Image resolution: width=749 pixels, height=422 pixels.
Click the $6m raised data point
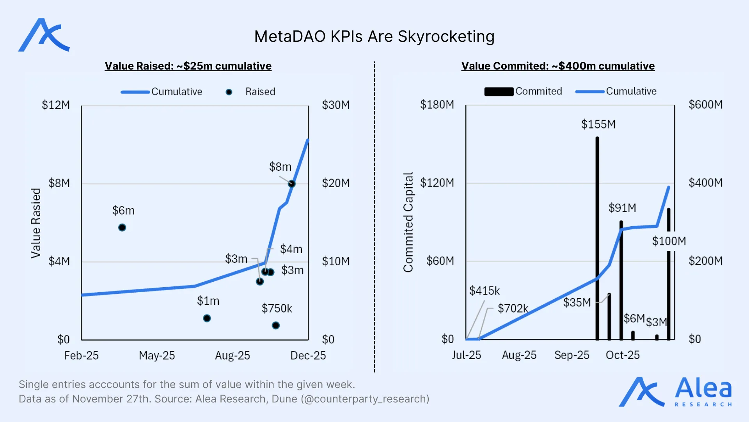point(122,227)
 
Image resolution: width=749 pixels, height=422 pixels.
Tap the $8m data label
point(280,167)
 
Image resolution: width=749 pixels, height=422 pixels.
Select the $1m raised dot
point(207,318)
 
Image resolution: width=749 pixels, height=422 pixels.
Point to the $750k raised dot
point(276,325)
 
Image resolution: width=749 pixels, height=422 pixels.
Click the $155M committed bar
point(597,238)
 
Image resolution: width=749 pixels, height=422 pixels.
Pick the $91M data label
point(622,208)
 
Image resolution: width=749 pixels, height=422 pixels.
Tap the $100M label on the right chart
point(669,241)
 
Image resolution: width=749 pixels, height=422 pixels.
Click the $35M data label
point(577,302)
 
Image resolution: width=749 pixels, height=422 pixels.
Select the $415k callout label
point(484,291)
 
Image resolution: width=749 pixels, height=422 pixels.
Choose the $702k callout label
point(513,308)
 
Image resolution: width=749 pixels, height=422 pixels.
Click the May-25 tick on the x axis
point(157,356)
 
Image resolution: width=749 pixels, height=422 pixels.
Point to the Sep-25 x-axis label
point(572,355)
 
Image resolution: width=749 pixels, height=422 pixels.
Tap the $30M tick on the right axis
point(335,105)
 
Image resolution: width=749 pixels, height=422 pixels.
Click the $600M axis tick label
point(705,105)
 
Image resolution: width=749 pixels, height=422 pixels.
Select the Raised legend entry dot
point(229,92)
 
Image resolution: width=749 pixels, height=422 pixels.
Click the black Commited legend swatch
point(499,92)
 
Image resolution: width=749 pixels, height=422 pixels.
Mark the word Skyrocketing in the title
point(446,37)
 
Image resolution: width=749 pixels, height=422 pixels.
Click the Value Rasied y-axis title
point(36,223)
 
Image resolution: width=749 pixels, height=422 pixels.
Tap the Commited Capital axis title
point(408,222)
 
